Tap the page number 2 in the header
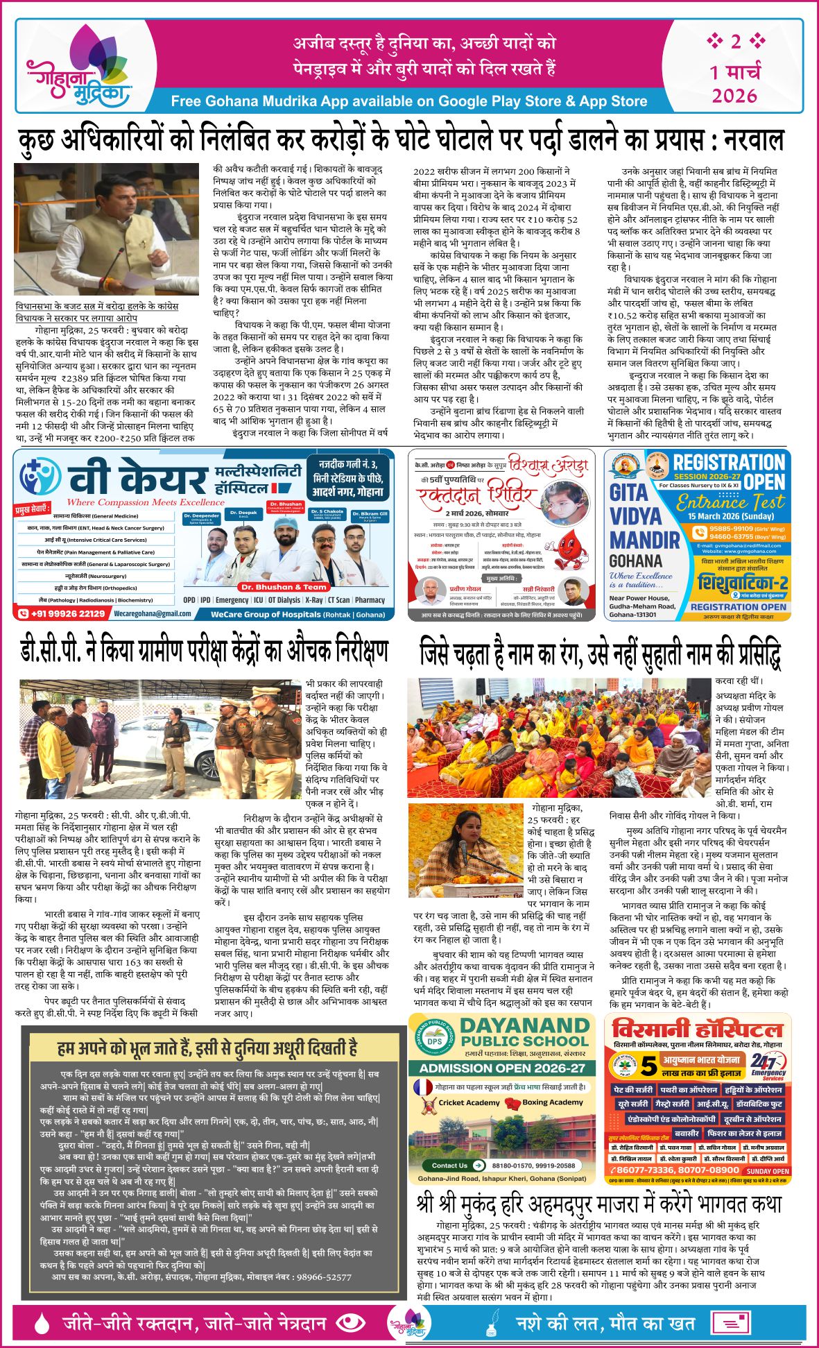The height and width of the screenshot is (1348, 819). [735, 42]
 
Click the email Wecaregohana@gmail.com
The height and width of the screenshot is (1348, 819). [143, 613]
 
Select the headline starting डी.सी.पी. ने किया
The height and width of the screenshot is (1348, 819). [204, 651]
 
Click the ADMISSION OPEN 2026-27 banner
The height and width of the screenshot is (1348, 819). [502, 1068]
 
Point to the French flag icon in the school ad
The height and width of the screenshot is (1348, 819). [424, 1086]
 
